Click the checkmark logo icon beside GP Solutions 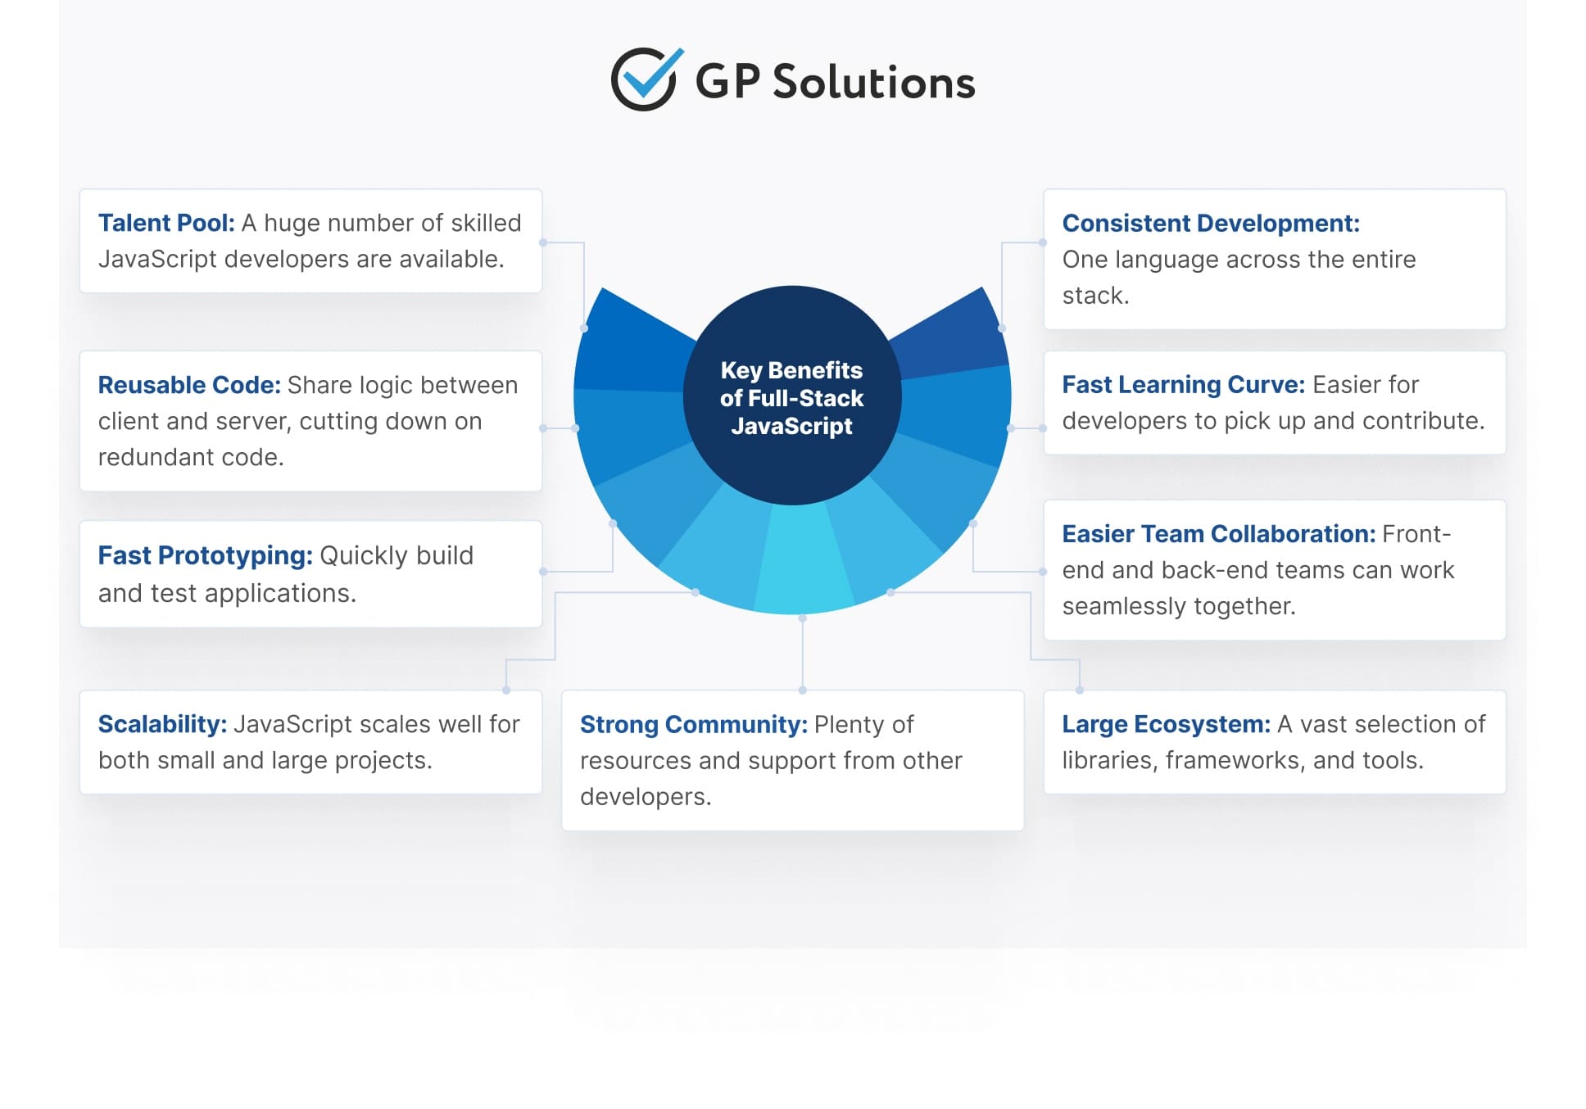coord(646,79)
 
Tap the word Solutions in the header coord(873,83)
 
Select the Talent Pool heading coord(166,223)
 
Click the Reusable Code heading coord(189,385)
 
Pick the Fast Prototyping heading coord(205,555)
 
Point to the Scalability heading coord(162,724)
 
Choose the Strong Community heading coord(693,724)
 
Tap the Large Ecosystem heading coord(1166,724)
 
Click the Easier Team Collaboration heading coord(1218,534)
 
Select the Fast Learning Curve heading coord(1183,384)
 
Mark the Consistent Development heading coord(1210,223)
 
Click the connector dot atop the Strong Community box coord(802,690)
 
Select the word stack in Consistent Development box coord(1094,295)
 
